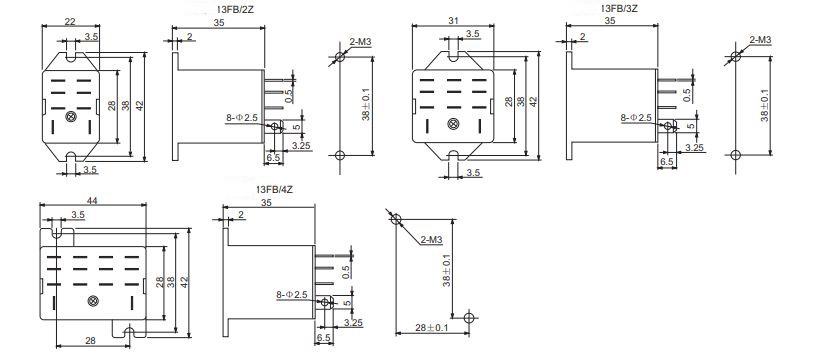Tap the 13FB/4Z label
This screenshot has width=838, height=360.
click(280, 189)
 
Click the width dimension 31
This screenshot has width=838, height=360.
click(454, 22)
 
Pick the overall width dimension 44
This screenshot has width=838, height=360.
click(92, 202)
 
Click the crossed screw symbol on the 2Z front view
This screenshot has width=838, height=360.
click(70, 118)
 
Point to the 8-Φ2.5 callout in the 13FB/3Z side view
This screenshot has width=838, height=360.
click(636, 117)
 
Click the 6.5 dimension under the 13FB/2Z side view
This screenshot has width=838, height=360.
click(273, 159)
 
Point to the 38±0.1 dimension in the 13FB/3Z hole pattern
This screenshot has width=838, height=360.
click(765, 105)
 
